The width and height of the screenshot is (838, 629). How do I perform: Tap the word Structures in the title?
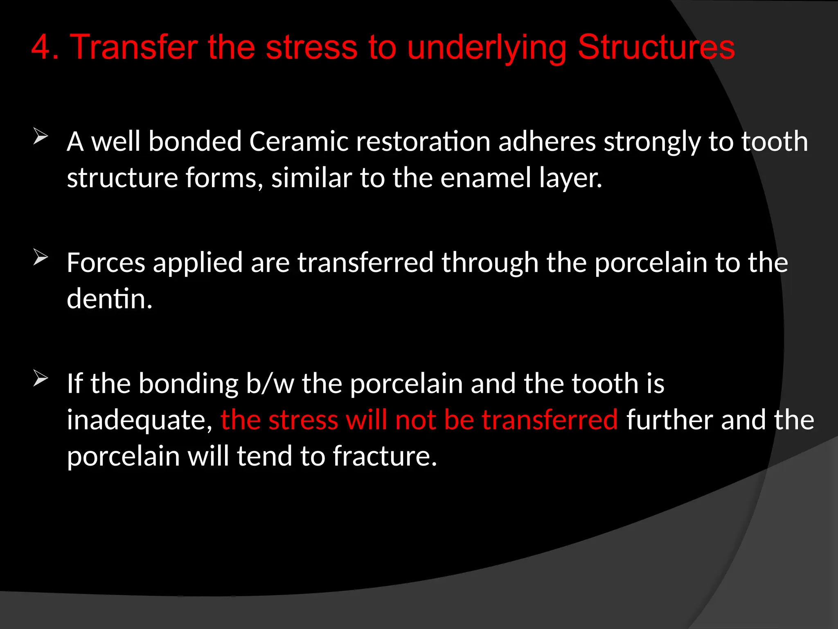[x=656, y=48]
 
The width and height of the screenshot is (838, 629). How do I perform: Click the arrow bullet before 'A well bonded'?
[x=41, y=137]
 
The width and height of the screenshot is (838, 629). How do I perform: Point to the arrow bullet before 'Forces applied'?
[x=41, y=258]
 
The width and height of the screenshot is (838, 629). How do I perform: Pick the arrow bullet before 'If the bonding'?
[x=41, y=378]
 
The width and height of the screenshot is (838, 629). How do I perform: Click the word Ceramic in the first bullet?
[x=298, y=142]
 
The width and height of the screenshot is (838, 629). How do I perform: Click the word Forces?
[x=106, y=262]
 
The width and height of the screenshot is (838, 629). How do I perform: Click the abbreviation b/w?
[x=270, y=384]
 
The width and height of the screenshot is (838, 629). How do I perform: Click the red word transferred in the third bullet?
[x=550, y=420]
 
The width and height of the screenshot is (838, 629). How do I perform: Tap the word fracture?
[x=385, y=456]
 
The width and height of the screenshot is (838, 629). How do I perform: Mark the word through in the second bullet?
[x=490, y=263]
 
